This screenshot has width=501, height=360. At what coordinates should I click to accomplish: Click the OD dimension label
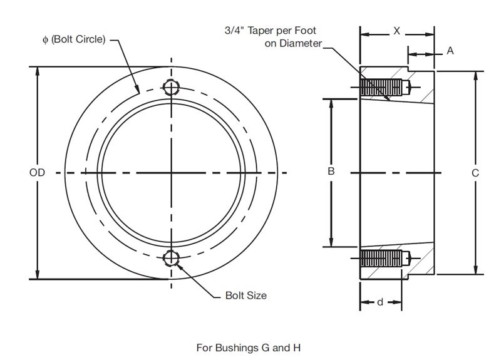(37, 172)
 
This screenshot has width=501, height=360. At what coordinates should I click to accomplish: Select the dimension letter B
(332, 171)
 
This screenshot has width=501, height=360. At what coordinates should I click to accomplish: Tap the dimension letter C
(475, 172)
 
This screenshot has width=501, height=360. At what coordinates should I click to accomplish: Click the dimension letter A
(450, 51)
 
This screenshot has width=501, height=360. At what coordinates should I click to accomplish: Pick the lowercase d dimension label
(380, 303)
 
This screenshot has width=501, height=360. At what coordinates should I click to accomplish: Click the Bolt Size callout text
(245, 296)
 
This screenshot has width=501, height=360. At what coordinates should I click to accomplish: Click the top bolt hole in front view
(172, 87)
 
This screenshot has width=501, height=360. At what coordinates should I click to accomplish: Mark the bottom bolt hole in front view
(172, 257)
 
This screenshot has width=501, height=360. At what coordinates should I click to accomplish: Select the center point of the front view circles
(172, 172)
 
